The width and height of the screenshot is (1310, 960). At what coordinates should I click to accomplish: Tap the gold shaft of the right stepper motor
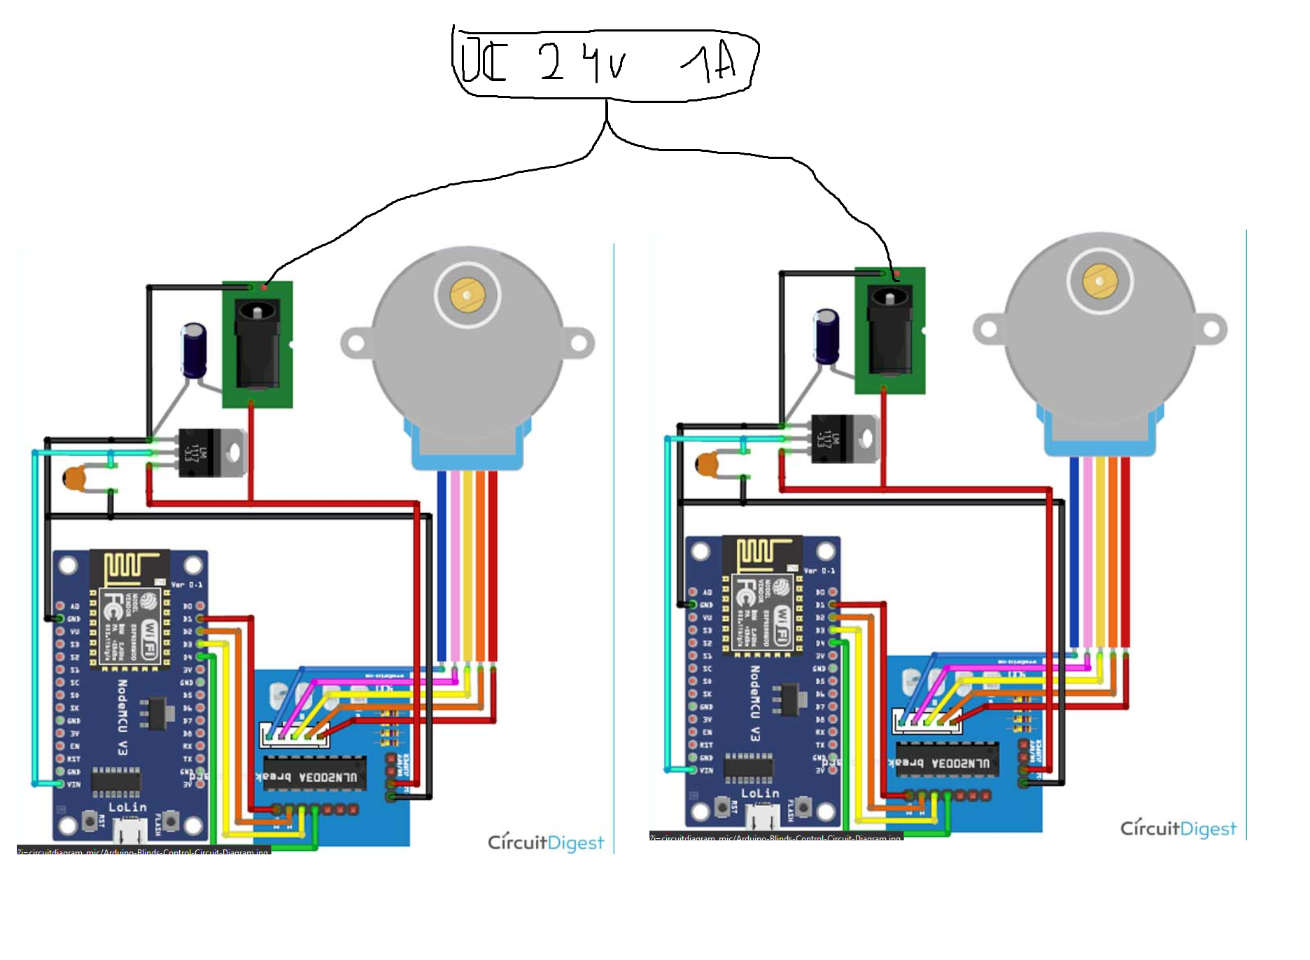pos(1099,281)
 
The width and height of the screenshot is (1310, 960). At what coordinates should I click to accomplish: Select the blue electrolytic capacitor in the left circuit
pos(194,350)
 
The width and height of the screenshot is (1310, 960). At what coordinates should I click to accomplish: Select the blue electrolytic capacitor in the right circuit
pos(827,336)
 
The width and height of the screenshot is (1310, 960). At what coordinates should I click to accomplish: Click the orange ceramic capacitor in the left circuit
pos(74,479)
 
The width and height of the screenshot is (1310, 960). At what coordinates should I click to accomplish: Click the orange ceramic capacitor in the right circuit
pos(707,465)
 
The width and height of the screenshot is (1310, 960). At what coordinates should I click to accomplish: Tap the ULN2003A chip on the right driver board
pos(948,762)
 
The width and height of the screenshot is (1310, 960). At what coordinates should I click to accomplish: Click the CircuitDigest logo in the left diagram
pos(545,842)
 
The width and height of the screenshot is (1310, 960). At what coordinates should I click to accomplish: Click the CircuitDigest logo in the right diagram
pos(1178,828)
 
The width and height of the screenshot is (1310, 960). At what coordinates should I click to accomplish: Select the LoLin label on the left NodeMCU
pos(127,807)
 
